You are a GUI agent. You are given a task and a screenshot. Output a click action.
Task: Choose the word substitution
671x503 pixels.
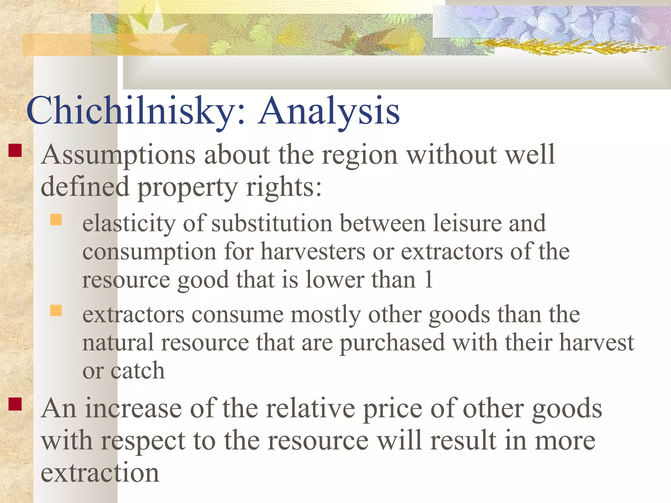point(272,224)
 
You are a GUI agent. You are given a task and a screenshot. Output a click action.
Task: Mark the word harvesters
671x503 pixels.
point(313,252)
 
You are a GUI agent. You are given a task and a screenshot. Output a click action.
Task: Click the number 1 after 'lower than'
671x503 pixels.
point(429,280)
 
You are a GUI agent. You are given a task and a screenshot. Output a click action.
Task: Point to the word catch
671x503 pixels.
point(138,371)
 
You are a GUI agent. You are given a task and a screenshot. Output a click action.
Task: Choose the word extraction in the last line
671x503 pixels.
point(100,473)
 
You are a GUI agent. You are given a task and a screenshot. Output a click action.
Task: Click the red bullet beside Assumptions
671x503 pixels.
point(15,151)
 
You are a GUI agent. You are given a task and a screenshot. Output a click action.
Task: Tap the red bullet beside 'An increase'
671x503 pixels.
point(15,404)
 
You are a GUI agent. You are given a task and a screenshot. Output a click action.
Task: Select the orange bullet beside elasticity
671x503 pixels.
point(56,220)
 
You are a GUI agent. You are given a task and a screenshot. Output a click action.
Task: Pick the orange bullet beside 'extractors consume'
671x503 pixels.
point(56,310)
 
